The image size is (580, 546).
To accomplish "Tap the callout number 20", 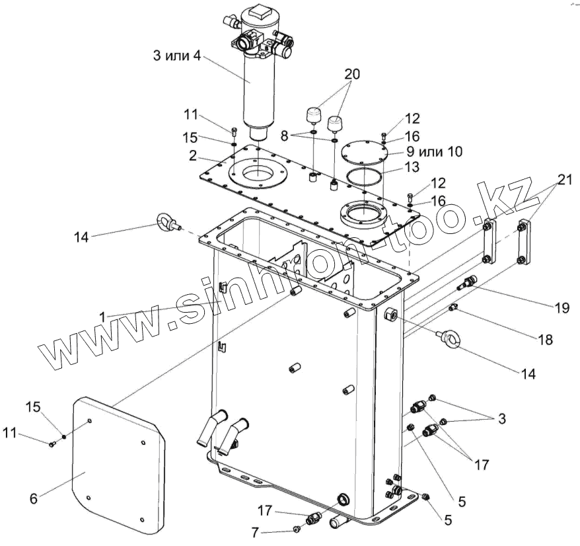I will [351, 75].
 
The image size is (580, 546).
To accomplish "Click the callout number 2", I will [192, 157].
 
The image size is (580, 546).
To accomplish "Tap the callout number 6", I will [33, 499].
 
